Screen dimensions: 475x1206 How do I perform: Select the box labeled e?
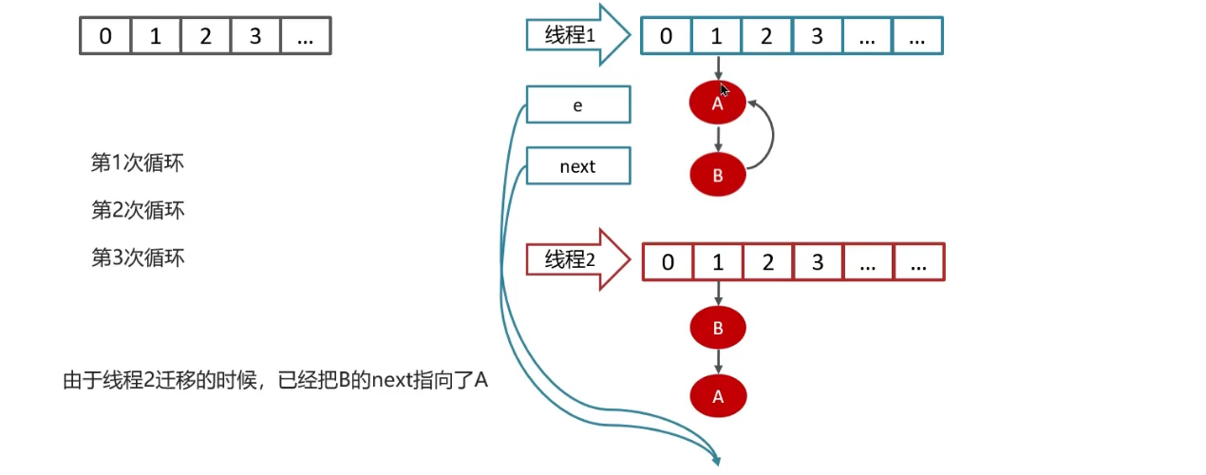(577, 105)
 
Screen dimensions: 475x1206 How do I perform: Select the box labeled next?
(577, 166)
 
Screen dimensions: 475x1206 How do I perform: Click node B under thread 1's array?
(718, 175)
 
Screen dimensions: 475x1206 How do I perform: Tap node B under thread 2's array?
(718, 329)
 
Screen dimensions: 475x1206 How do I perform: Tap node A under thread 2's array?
(718, 397)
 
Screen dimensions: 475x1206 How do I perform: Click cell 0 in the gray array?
(104, 37)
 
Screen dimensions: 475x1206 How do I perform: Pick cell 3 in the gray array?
(255, 37)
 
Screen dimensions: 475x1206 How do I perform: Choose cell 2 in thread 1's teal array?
(766, 37)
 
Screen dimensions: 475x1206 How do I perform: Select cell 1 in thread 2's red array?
(718, 263)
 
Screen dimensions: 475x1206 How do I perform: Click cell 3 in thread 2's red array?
(818, 263)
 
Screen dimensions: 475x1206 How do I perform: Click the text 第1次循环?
(137, 163)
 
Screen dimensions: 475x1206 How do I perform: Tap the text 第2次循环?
(137, 210)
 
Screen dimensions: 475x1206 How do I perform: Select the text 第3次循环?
(137, 257)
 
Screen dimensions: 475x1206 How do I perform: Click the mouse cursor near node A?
(725, 90)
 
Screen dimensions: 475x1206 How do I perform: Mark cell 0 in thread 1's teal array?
(667, 37)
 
